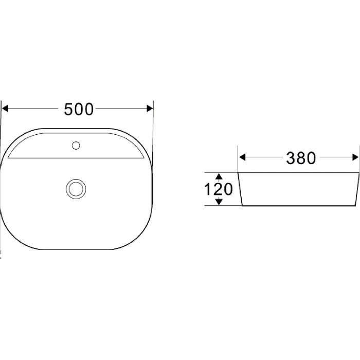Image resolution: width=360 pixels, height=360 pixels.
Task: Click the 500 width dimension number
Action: pyautogui.click(x=79, y=109)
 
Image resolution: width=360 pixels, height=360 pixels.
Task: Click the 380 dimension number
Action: pyautogui.click(x=301, y=158)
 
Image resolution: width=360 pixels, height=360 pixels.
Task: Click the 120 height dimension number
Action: pyautogui.click(x=219, y=189)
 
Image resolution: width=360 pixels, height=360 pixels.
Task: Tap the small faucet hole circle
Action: pyautogui.click(x=76, y=146)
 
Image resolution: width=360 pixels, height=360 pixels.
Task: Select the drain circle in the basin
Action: pyautogui.click(x=76, y=189)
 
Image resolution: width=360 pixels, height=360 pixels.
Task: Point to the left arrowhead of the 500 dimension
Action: pyautogui.click(x=5, y=109)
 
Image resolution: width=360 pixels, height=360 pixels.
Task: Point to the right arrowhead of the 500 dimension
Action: pyautogui.click(x=150, y=109)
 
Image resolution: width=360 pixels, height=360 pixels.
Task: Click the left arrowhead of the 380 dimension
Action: pyautogui.click(x=242, y=157)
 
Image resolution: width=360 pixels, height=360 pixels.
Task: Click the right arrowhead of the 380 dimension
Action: pyautogui.click(x=355, y=157)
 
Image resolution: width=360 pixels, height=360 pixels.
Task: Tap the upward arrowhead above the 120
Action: pyautogui.click(x=219, y=176)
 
